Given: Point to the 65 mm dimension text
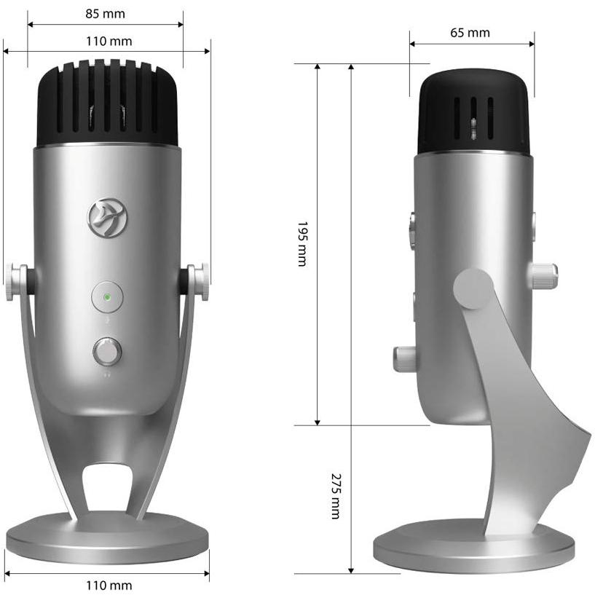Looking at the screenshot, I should point(470,32).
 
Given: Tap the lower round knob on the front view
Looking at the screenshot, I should point(107,352).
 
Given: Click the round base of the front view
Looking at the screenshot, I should point(106,540).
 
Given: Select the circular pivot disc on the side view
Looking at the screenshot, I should point(473,288).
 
